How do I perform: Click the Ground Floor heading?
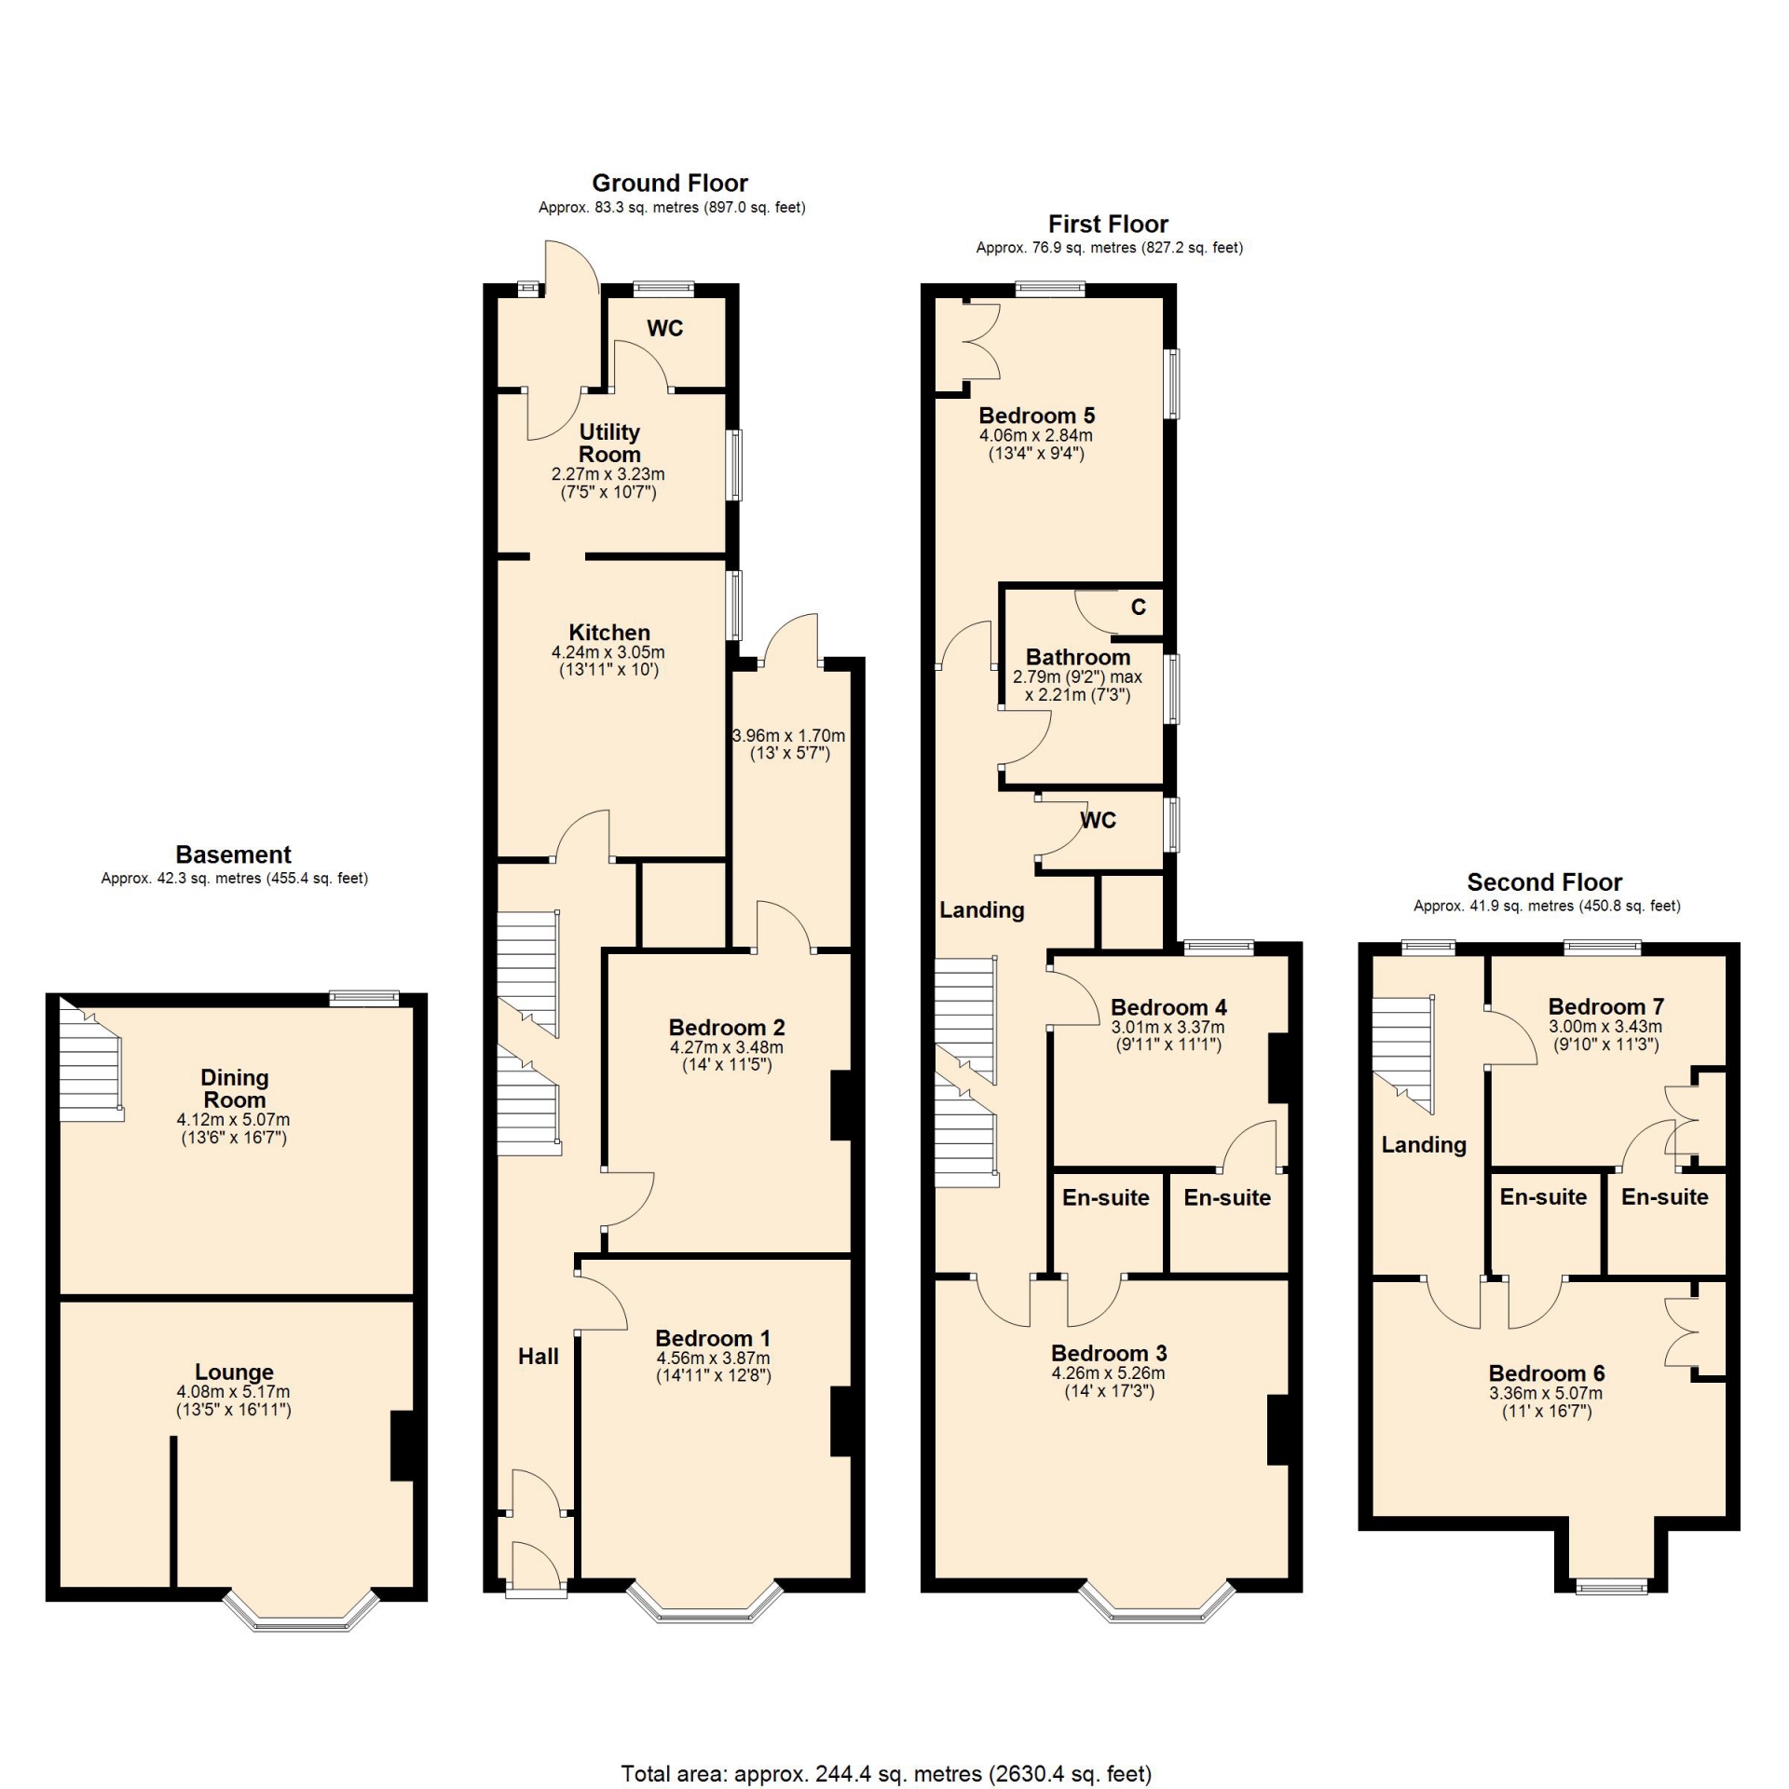(x=670, y=183)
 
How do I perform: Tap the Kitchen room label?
(x=609, y=633)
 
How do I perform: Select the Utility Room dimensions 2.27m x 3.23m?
(x=608, y=474)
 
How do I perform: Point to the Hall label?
(x=539, y=1357)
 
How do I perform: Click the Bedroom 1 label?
(x=713, y=1339)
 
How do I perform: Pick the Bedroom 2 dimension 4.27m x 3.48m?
(x=727, y=1047)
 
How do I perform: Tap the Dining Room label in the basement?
(x=235, y=1088)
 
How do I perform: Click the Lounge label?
(x=234, y=1372)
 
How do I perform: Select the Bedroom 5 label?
(x=1037, y=416)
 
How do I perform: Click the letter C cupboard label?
(x=1139, y=608)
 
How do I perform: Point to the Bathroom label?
(x=1078, y=658)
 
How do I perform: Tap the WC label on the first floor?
(x=1099, y=821)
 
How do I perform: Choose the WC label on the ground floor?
(x=665, y=328)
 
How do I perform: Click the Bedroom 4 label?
(x=1168, y=1007)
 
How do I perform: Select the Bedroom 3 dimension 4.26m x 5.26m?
(x=1109, y=1373)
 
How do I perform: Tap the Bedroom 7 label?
(x=1606, y=1006)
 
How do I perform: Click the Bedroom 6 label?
(x=1547, y=1373)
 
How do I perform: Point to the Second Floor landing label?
(x=1424, y=1145)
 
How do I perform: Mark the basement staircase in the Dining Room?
(x=91, y=1060)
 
